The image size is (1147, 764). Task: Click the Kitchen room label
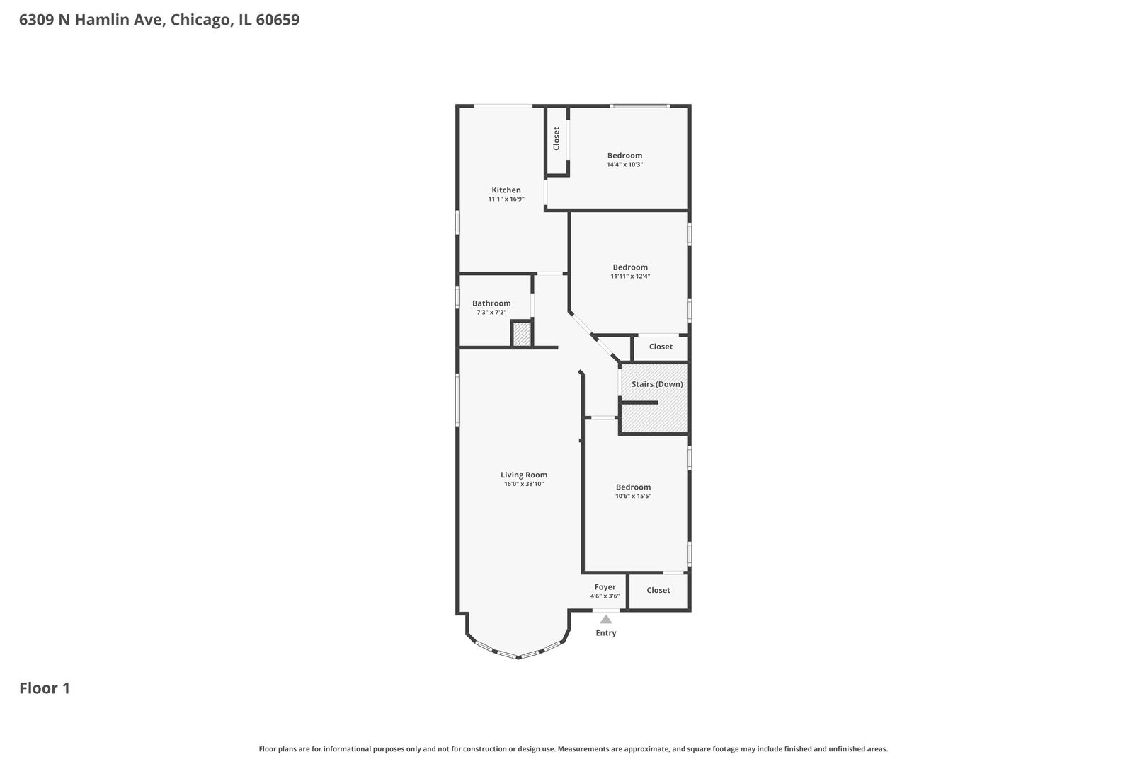tap(506, 190)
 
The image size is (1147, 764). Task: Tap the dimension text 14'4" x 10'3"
tap(624, 165)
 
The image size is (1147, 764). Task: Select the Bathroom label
tap(491, 303)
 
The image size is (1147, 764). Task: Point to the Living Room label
tap(524, 475)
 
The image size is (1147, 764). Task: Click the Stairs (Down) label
tap(657, 384)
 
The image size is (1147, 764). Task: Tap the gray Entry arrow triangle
tap(606, 620)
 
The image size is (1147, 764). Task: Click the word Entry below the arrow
tap(606, 633)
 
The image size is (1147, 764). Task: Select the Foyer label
tap(605, 587)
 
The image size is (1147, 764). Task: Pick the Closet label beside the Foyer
tap(658, 590)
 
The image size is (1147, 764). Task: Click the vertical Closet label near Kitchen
tap(556, 139)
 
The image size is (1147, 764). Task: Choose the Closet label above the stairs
tap(661, 347)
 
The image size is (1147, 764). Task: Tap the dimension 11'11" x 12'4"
tap(630, 277)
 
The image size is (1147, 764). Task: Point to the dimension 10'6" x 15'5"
tap(633, 496)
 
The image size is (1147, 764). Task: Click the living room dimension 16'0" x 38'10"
tap(524, 484)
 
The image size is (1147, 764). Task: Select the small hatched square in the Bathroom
tap(522, 334)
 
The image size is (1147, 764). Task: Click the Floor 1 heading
tap(45, 688)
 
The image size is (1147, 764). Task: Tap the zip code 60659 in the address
tap(278, 20)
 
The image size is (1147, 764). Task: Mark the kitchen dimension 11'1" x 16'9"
tap(506, 199)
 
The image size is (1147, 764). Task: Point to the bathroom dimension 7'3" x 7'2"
tap(491, 313)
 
